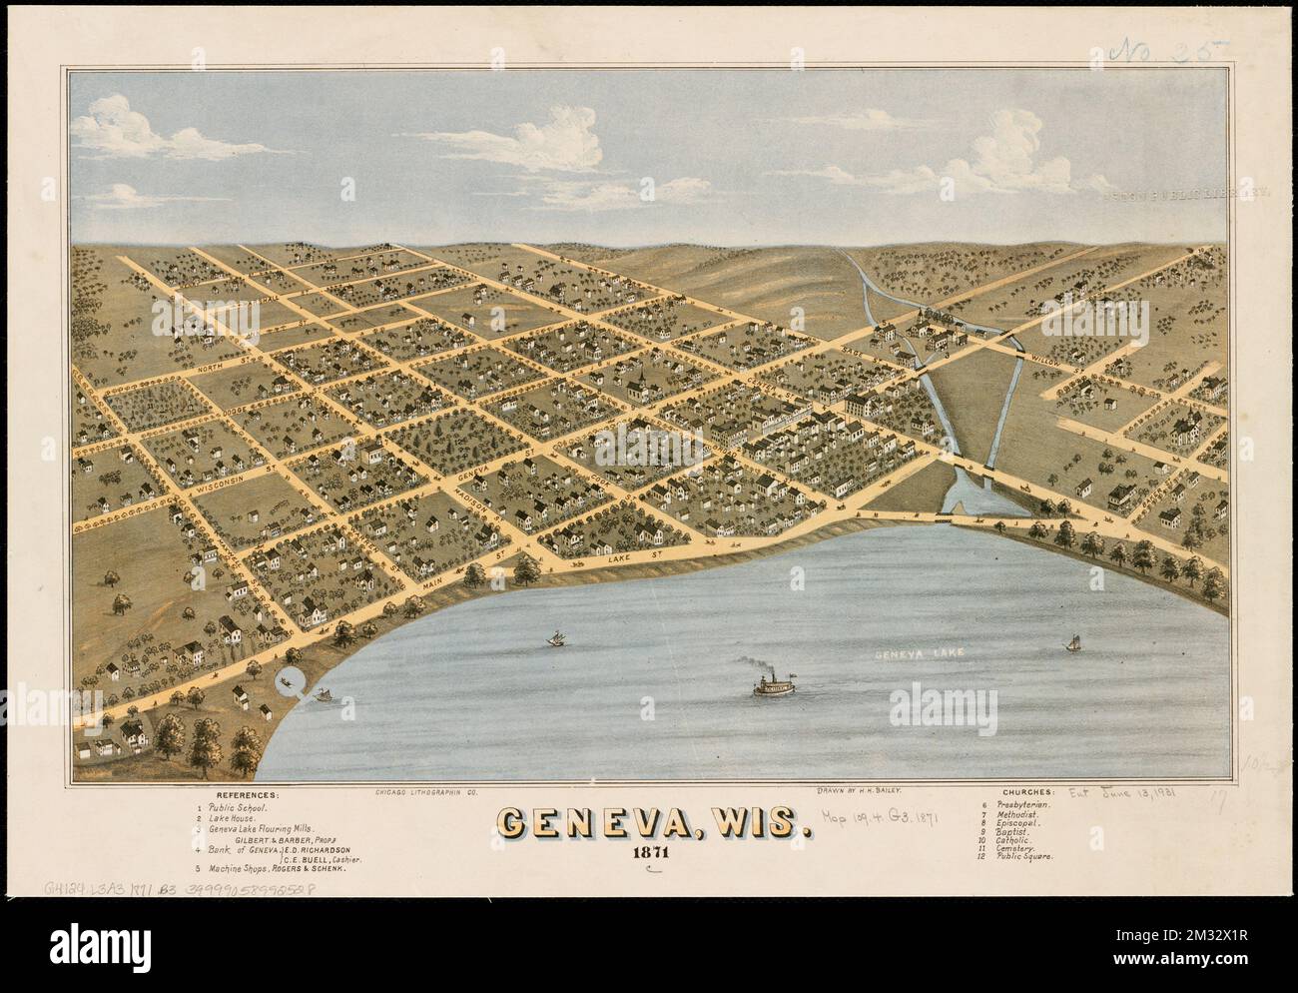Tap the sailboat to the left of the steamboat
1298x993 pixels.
pos(553,637)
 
